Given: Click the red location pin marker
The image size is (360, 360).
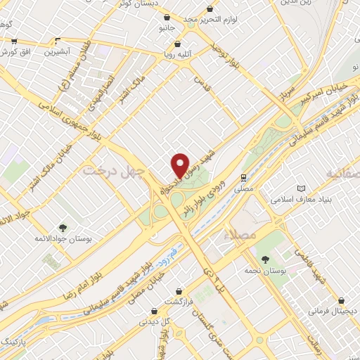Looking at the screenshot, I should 181,165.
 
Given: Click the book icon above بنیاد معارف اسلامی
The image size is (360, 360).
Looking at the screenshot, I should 302,188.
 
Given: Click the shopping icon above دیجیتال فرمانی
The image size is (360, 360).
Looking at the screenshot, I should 341,299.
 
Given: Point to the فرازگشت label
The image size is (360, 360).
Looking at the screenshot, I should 179,301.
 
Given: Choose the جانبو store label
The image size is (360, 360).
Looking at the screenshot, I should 166,28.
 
